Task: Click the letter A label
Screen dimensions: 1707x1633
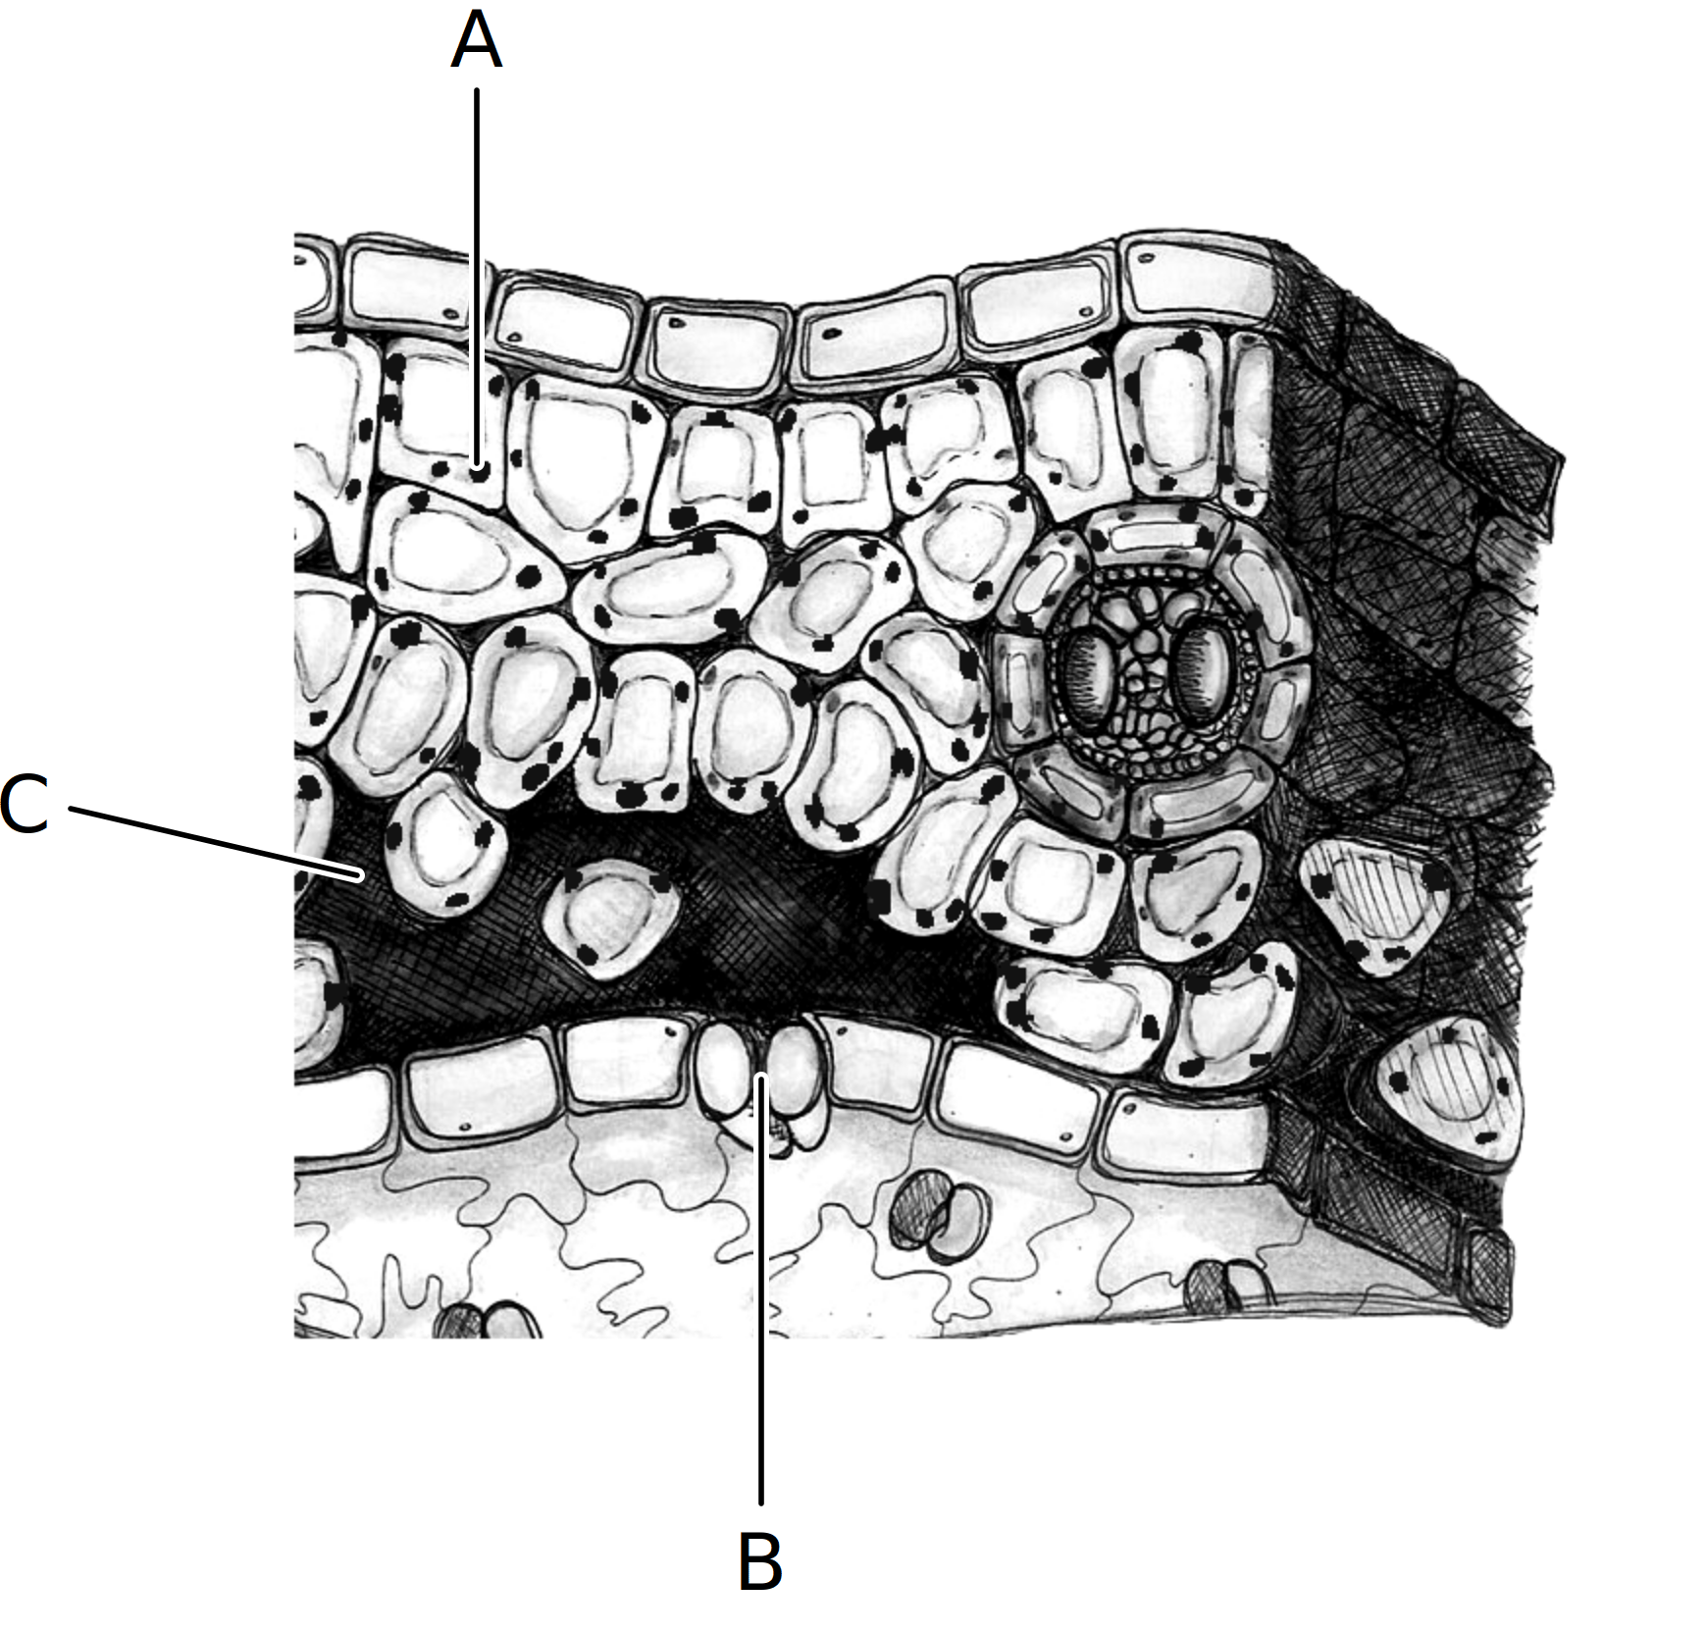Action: point(476,42)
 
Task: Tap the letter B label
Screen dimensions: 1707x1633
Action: point(759,1559)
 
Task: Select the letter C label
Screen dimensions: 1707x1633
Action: point(25,804)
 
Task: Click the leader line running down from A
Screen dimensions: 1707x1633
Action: point(477,278)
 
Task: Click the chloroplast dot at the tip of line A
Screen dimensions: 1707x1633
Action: point(479,471)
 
